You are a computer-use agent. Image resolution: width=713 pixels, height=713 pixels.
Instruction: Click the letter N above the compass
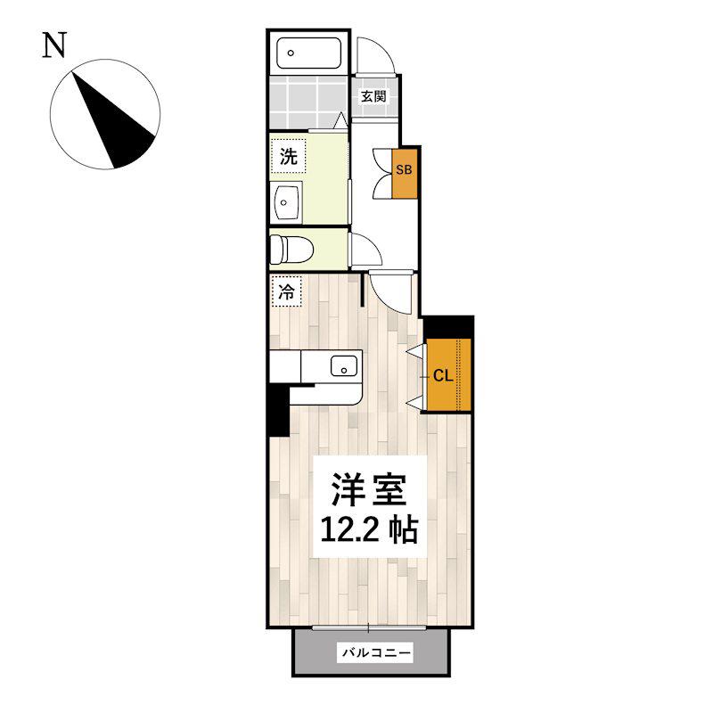[x=54, y=45]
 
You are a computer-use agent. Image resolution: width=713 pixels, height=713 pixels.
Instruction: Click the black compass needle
[x=114, y=123]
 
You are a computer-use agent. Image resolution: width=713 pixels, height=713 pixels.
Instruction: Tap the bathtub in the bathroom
[x=308, y=53]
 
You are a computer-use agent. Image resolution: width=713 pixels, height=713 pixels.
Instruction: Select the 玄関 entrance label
[x=373, y=96]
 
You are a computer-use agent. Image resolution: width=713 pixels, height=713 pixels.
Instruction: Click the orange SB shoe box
[x=405, y=173]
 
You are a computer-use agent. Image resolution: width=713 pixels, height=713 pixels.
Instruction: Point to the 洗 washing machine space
[x=288, y=157]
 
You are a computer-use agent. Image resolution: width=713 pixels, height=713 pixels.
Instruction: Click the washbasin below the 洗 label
[x=285, y=202]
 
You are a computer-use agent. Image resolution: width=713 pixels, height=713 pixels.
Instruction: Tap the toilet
[x=291, y=250]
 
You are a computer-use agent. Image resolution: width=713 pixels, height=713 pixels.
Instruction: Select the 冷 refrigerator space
[x=286, y=291]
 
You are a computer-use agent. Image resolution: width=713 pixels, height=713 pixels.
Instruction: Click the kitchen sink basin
[x=344, y=365]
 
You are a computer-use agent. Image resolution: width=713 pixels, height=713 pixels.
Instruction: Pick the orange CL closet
[x=448, y=374]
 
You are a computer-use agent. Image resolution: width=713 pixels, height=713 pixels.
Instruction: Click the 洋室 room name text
[x=369, y=489]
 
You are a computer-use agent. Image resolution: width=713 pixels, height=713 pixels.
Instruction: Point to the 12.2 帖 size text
[x=369, y=529]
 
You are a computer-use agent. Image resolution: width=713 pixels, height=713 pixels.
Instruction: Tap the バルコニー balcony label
[x=376, y=653]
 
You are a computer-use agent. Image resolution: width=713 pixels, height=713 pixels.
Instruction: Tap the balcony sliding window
[x=369, y=628]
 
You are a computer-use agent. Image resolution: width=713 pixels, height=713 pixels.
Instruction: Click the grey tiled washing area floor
[x=307, y=102]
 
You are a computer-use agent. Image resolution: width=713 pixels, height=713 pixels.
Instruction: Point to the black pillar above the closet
[x=449, y=327]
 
